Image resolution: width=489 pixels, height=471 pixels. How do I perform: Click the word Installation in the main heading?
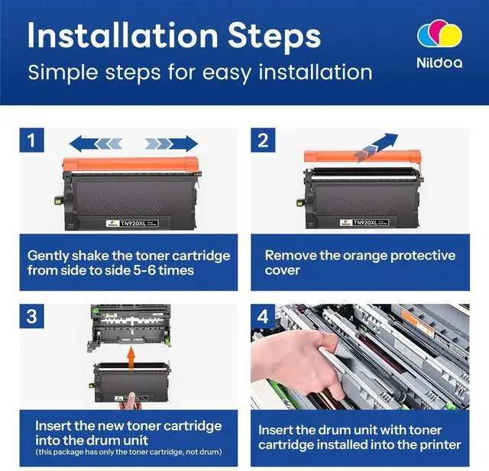click(x=123, y=35)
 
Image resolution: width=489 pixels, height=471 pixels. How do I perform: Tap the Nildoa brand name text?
click(x=439, y=63)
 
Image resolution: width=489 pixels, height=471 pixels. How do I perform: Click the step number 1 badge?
click(x=31, y=140)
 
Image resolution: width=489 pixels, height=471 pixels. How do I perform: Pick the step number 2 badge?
click(x=263, y=140)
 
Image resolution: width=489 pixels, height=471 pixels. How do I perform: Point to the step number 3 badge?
click(x=31, y=316)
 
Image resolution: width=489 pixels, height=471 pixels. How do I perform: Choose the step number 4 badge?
click(x=263, y=316)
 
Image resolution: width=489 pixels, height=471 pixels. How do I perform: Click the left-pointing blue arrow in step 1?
click(x=96, y=144)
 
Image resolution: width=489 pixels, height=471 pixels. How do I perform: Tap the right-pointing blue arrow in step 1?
click(x=171, y=144)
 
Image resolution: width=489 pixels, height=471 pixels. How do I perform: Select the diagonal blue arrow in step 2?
click(x=377, y=147)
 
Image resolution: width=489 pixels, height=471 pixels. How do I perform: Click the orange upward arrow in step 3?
click(x=131, y=359)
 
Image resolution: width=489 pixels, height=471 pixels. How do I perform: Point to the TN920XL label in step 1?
click(x=132, y=223)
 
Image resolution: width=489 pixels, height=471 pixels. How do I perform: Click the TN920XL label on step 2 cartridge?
click(x=364, y=222)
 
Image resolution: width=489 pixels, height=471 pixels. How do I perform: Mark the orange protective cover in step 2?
click(x=362, y=156)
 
